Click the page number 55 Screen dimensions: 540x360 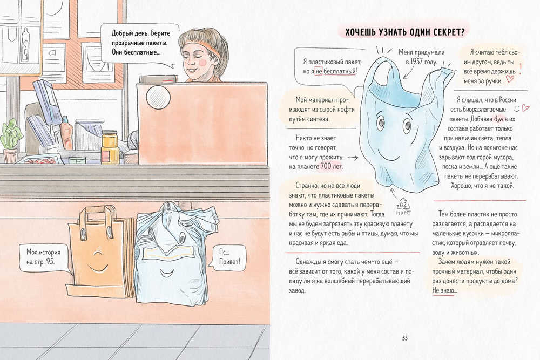pyautogui.click(x=404, y=338)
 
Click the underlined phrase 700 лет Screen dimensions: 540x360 pyautogui.click(x=332, y=166)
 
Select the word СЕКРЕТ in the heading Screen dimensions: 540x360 pyautogui.click(x=444, y=32)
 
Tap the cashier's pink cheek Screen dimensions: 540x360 pyautogui.click(x=203, y=62)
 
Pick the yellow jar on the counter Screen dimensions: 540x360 pyautogui.click(x=110, y=147)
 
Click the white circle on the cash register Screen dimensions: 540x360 pyautogui.click(x=158, y=97)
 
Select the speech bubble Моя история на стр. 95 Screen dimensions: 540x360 pyautogui.click(x=44, y=257)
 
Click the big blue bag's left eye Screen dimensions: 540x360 pyautogui.click(x=381, y=122)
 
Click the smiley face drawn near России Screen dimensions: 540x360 pyautogui.click(x=517, y=110)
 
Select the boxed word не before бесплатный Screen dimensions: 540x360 pyautogui.click(x=319, y=71)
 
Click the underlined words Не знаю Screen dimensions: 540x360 pyautogui.click(x=443, y=290)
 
